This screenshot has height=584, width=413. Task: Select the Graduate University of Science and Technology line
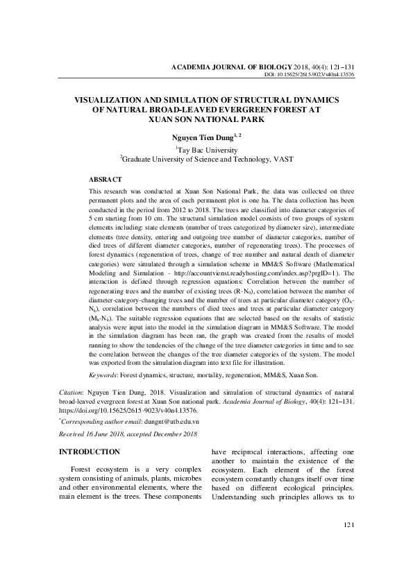(x=207, y=160)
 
